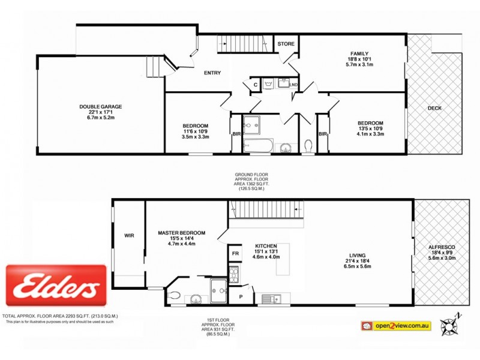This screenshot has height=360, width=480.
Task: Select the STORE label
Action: click(286, 43)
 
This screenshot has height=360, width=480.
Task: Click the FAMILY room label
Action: click(359, 53)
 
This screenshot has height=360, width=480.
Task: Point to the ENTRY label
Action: click(212, 73)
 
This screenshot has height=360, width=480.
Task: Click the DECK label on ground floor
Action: click(434, 108)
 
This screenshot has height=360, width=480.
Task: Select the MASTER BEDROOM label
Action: click(182, 233)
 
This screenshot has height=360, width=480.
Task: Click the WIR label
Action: click(129, 235)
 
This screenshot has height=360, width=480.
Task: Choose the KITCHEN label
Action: click(265, 247)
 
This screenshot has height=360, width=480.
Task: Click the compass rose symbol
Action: click(448, 325)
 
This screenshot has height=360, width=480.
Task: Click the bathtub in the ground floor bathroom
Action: click(258, 145)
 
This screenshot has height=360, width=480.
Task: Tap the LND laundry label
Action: click(293, 85)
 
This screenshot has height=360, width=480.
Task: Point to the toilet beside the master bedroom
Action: click(175, 295)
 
